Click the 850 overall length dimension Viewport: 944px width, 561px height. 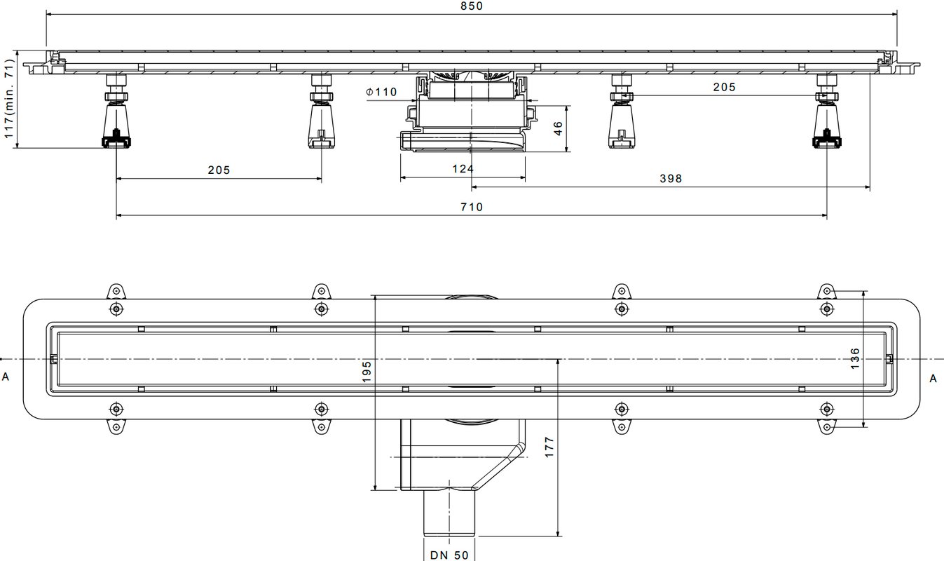coord(472,6)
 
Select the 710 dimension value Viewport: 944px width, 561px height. coord(472,207)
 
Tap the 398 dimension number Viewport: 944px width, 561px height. coord(671,178)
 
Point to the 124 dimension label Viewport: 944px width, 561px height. coord(463,169)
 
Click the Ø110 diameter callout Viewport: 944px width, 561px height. coord(381,92)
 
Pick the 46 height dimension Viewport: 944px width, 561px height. coord(558,128)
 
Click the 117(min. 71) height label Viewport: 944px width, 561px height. coord(9,99)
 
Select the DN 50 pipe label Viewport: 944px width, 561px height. coord(449,555)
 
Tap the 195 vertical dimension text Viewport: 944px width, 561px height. coord(367,372)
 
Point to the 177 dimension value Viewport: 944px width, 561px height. coord(549,447)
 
